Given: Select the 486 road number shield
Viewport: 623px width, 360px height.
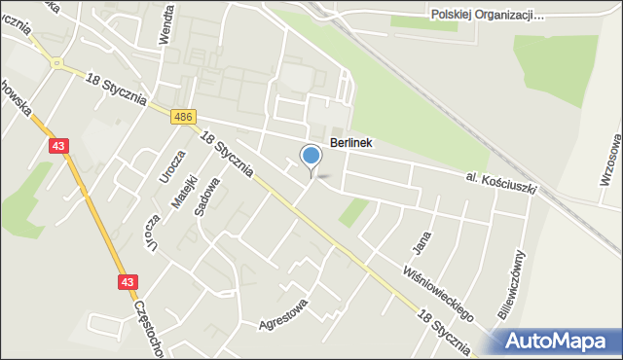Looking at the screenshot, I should (x=183, y=118).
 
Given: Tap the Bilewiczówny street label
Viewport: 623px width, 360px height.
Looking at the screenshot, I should (x=518, y=283).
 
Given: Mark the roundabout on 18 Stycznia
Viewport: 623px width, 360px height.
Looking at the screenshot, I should (x=59, y=65).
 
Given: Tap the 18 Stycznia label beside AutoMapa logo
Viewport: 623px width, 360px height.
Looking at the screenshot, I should (x=449, y=329).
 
